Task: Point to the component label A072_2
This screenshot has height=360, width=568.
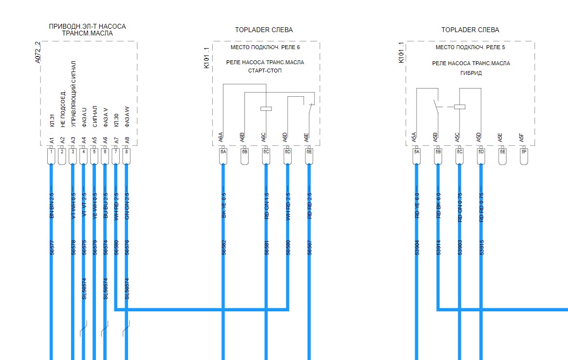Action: point(38,53)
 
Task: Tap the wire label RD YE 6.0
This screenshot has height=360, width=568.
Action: point(417,207)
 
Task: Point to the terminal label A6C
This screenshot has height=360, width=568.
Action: point(264,137)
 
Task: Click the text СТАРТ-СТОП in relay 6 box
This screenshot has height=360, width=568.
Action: point(265,71)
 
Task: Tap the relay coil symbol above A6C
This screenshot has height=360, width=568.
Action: point(266,108)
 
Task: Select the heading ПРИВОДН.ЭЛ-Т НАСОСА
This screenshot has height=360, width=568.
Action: point(87,26)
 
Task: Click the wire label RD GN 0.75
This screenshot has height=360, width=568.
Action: point(460,207)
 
